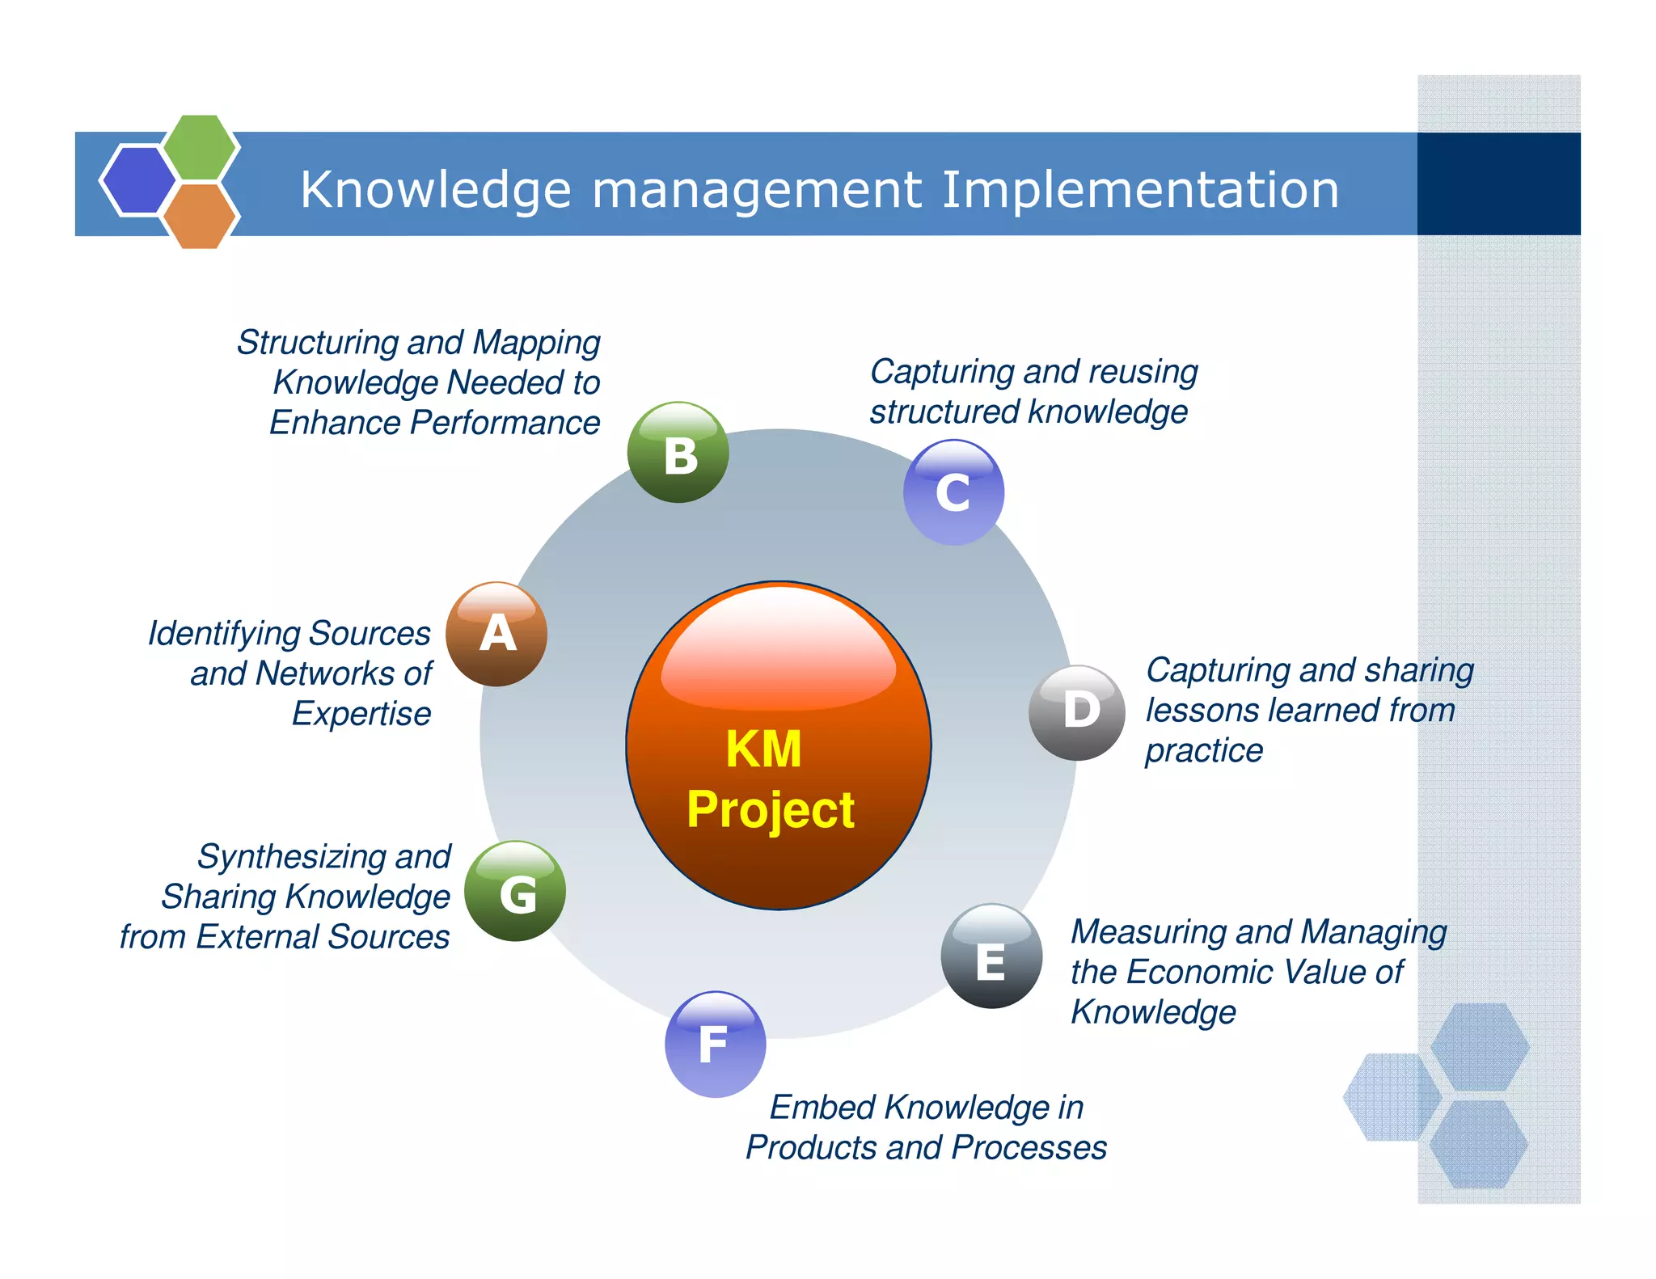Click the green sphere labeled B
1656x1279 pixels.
point(678,453)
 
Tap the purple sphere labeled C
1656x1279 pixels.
point(953,492)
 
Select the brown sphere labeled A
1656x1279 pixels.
point(496,634)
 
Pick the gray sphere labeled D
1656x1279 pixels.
point(1077,712)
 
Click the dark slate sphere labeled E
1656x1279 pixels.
point(991,956)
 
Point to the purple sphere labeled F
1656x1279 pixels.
point(715,1044)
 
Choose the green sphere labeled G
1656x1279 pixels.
point(515,891)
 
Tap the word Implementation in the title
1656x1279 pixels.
point(1140,190)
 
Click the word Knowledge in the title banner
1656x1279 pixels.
point(436,190)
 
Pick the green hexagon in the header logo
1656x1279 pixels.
point(200,146)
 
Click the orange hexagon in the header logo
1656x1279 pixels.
point(199,216)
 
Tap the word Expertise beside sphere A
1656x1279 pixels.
point(361,714)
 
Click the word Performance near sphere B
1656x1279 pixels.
point(505,423)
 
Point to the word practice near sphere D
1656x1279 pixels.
point(1204,751)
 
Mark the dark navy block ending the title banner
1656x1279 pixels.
point(1498,184)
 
